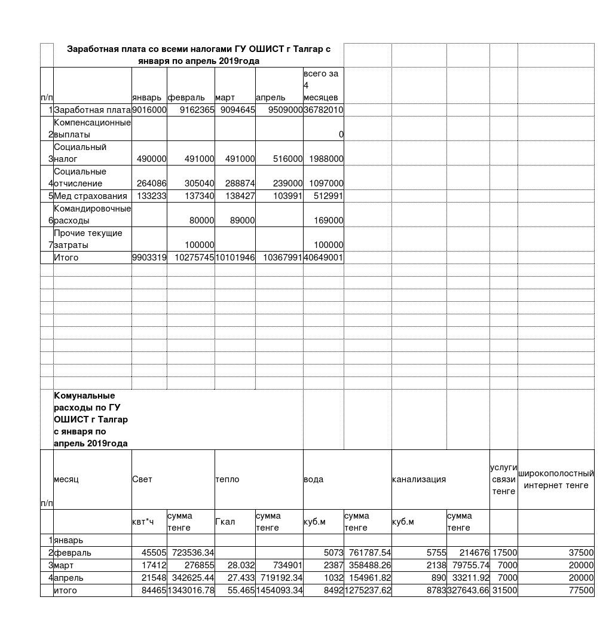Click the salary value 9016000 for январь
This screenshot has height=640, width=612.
[149, 110]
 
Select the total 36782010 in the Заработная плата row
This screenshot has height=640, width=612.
[323, 110]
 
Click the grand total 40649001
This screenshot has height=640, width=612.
[323, 258]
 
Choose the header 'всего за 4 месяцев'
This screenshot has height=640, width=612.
[321, 85]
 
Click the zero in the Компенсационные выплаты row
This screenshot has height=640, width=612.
[341, 134]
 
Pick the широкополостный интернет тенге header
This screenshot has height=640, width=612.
[556, 479]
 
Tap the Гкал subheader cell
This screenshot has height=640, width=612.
[225, 522]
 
